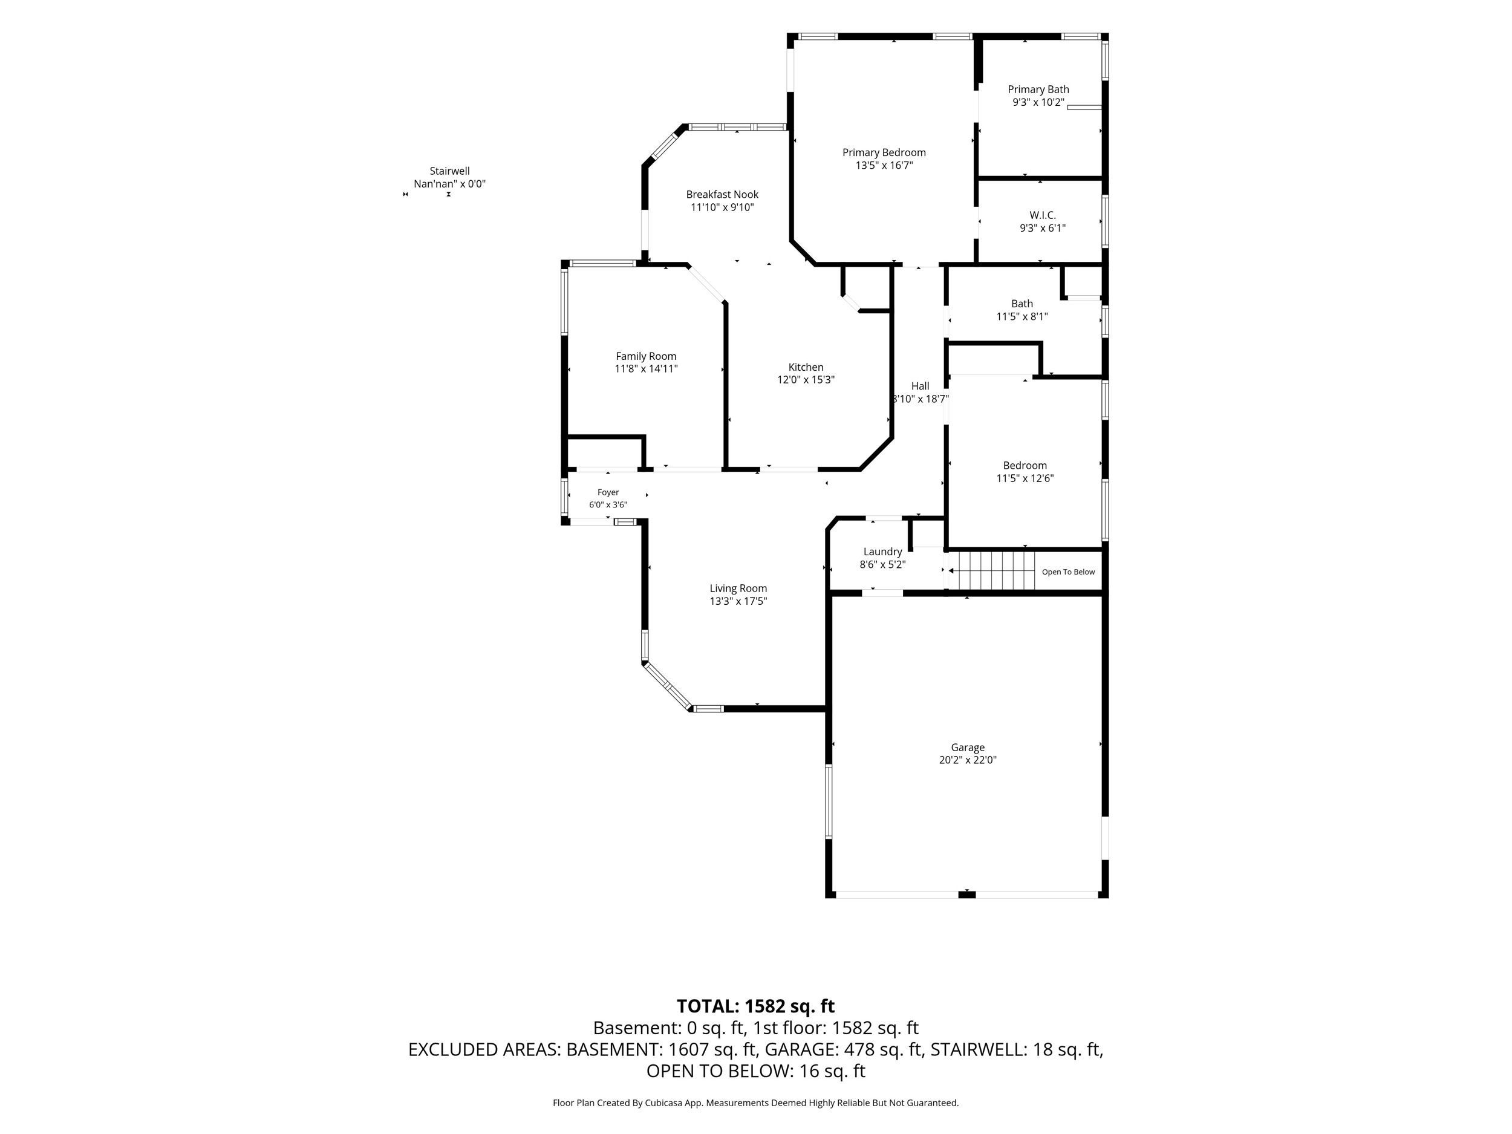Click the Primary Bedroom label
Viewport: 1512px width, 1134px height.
pyautogui.click(x=884, y=152)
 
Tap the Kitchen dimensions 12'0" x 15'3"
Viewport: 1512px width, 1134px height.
pyautogui.click(x=806, y=380)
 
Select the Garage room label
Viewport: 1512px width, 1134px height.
pyautogui.click(x=967, y=748)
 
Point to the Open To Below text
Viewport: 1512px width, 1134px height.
pyautogui.click(x=1069, y=572)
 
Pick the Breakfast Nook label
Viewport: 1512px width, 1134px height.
pyautogui.click(x=723, y=195)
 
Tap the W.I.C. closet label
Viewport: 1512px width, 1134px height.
pyautogui.click(x=1043, y=215)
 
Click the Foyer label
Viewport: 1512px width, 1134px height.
pyautogui.click(x=608, y=492)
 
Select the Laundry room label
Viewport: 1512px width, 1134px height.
pyautogui.click(x=882, y=552)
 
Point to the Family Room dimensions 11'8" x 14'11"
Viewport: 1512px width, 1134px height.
pyautogui.click(x=646, y=369)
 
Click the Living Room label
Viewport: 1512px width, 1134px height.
pyautogui.click(x=738, y=588)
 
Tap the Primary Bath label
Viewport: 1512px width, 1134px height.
pyautogui.click(x=1038, y=90)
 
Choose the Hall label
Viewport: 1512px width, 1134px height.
pyautogui.click(x=920, y=386)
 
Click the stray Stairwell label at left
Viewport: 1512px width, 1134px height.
pyautogui.click(x=450, y=172)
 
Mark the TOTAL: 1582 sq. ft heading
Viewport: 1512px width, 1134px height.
pyautogui.click(x=755, y=1006)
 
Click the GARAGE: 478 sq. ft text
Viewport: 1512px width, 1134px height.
pyautogui.click(x=844, y=1049)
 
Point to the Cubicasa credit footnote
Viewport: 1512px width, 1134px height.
pyautogui.click(x=755, y=1103)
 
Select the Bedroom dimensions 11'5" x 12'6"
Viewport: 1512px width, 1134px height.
pyautogui.click(x=1025, y=478)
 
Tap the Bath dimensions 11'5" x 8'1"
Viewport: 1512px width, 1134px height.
pyautogui.click(x=1022, y=316)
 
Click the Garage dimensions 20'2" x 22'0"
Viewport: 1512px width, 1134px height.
pyautogui.click(x=967, y=760)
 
